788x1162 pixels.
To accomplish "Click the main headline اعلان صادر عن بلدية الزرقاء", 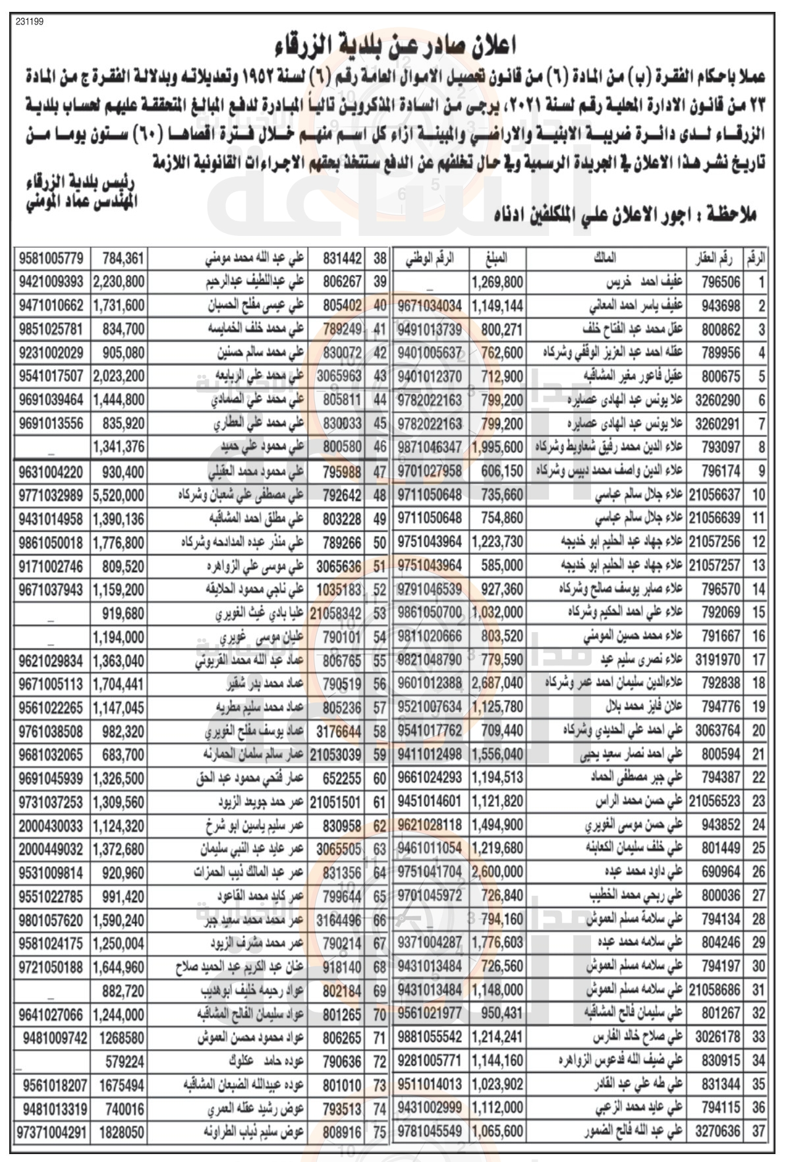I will click(395, 46).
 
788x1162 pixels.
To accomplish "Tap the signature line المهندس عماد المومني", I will click(80, 202).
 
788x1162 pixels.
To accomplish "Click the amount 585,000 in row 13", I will click(505, 566).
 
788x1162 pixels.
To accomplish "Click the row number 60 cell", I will click(380, 778).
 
